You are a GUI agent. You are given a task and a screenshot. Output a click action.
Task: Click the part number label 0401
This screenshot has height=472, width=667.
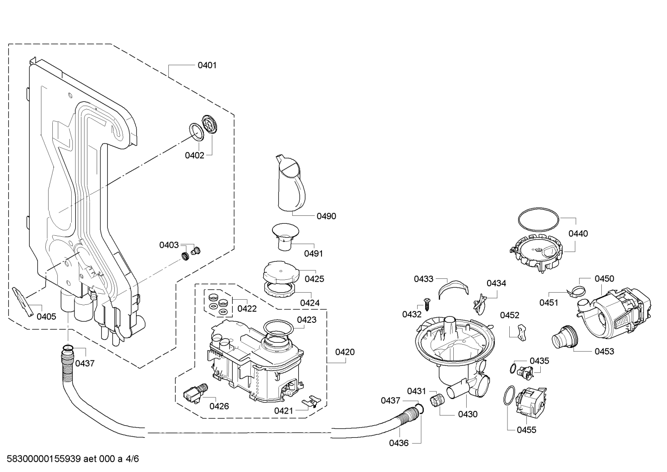[x=207, y=65]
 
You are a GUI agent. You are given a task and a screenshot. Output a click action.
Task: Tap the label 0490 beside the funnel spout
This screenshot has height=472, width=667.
[x=327, y=216]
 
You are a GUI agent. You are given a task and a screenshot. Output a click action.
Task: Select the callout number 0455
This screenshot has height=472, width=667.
[x=526, y=430]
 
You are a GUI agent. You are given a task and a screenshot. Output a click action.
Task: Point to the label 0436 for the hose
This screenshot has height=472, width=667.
[x=399, y=443]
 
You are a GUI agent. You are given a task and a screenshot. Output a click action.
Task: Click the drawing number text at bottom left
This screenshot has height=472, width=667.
[x=73, y=459]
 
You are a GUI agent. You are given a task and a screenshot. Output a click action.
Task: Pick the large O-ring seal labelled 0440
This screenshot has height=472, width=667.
[x=539, y=220]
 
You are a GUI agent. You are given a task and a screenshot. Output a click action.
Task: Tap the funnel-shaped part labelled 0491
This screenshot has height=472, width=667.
[x=285, y=237]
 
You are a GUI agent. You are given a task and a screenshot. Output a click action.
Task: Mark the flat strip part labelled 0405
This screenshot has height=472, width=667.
[x=23, y=302]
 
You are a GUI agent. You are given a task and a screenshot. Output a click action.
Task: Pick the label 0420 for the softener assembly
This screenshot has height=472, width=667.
[x=345, y=352]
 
